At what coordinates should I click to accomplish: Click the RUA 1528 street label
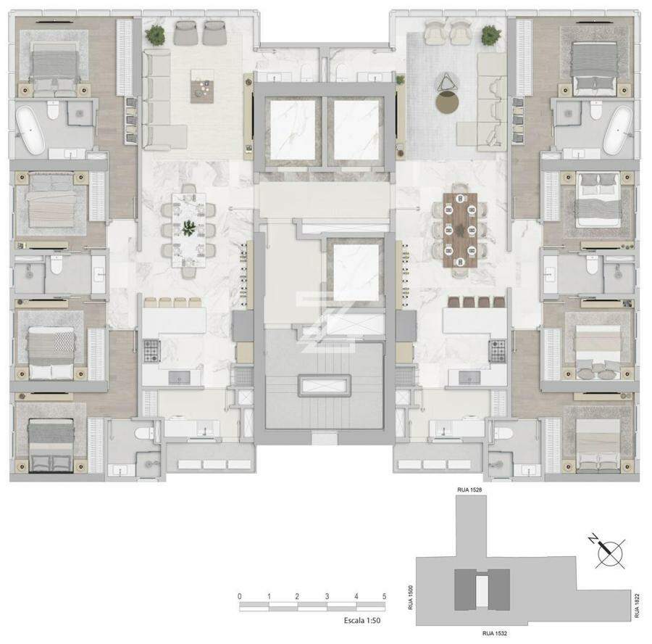click(469, 490)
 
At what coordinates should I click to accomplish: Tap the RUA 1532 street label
click(494, 633)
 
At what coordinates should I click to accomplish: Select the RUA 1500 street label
click(411, 598)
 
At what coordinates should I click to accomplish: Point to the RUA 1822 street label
click(637, 606)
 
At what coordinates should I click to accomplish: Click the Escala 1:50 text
click(362, 620)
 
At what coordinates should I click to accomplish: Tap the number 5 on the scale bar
click(384, 596)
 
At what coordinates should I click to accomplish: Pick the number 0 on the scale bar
click(240, 596)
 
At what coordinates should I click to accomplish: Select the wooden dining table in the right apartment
click(460, 230)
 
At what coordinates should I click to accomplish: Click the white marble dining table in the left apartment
click(189, 230)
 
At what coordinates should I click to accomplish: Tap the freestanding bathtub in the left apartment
click(30, 130)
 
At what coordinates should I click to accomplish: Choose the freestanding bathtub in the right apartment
click(619, 131)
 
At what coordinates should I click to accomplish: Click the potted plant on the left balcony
click(155, 35)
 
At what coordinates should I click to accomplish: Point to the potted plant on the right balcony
click(490, 35)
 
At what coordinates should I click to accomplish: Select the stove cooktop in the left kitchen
click(152, 350)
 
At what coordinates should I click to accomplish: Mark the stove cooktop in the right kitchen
click(497, 350)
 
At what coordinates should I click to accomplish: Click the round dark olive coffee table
click(448, 102)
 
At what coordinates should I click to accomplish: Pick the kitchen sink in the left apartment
click(179, 378)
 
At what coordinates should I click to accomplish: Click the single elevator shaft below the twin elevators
click(356, 272)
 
